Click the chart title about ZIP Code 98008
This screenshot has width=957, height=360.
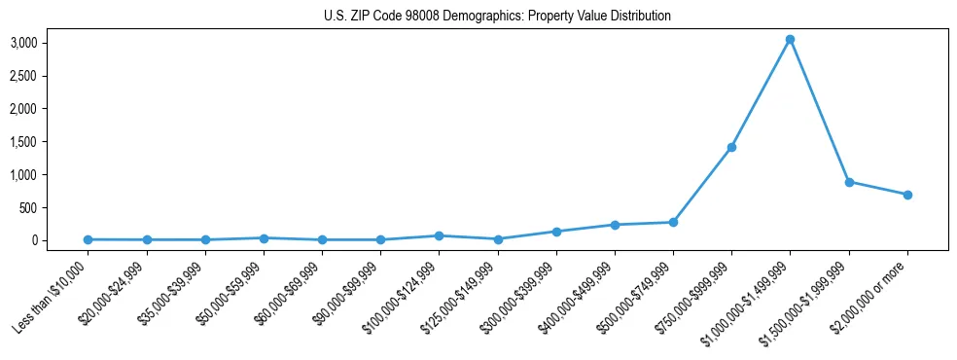pyautogui.click(x=497, y=17)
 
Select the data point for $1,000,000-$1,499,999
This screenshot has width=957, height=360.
pyautogui.click(x=790, y=39)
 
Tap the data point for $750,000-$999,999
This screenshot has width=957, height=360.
pyautogui.click(x=731, y=147)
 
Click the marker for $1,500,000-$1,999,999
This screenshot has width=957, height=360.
pyautogui.click(x=849, y=182)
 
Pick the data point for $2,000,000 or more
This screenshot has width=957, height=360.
pyautogui.click(x=907, y=195)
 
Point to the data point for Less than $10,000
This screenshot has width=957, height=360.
pyautogui.click(x=88, y=239)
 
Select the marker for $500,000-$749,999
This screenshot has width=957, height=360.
pyautogui.click(x=673, y=223)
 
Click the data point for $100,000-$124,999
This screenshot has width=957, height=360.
pyautogui.click(x=439, y=235)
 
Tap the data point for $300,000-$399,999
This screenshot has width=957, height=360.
pyautogui.click(x=556, y=232)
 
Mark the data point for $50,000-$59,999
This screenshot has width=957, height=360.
pyautogui.click(x=264, y=237)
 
